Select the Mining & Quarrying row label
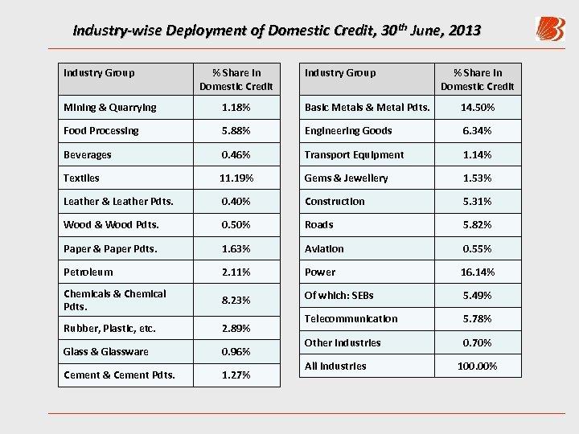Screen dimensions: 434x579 (x=110, y=107)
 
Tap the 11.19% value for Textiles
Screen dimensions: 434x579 (x=236, y=178)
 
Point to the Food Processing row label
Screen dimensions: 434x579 (x=101, y=130)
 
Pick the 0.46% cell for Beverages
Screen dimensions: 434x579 (x=236, y=154)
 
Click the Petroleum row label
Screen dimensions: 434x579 (x=88, y=272)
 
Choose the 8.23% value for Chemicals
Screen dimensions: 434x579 (x=236, y=300)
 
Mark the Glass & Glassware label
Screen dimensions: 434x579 (x=106, y=351)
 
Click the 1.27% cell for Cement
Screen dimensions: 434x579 (x=236, y=375)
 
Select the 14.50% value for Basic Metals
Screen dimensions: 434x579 (x=478, y=107)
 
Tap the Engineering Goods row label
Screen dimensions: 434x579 (x=348, y=130)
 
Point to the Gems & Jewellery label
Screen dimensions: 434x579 (x=346, y=178)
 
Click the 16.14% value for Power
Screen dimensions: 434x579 (x=478, y=272)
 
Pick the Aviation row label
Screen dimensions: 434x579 (x=324, y=248)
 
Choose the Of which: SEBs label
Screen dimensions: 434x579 (x=339, y=295)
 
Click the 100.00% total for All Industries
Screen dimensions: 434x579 (x=478, y=366)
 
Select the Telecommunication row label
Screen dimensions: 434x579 (x=351, y=318)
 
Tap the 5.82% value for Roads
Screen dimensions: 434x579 (x=478, y=224)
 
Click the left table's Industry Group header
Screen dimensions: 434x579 (x=99, y=72)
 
